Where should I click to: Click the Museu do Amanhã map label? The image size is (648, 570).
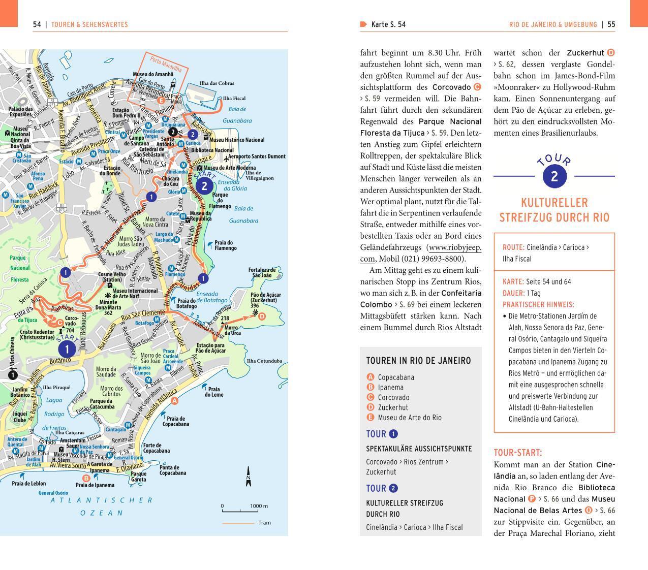[x=153, y=75]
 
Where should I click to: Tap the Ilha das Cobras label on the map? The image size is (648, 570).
[x=217, y=83]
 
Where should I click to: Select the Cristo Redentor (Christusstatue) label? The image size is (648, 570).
[x=37, y=334]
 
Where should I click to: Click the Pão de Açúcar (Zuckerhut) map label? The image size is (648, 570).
[x=265, y=298]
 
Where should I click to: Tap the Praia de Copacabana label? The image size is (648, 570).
[x=175, y=421]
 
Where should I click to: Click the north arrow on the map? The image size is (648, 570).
[x=249, y=477]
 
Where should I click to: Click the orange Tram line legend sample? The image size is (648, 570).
[x=238, y=523]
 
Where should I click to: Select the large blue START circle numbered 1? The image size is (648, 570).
[x=67, y=349]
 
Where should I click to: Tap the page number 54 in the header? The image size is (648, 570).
[x=37, y=24]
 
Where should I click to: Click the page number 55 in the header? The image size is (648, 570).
[x=611, y=24]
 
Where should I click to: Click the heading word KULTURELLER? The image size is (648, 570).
[x=554, y=203]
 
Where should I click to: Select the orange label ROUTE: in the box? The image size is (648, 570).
[x=513, y=247]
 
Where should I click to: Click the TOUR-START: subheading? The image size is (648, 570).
[x=518, y=453]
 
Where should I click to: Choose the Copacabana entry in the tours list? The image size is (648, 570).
[x=396, y=377]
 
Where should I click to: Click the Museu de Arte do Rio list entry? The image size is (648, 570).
[x=410, y=418]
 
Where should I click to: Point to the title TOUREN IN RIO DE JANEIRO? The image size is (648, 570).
[x=418, y=361]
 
